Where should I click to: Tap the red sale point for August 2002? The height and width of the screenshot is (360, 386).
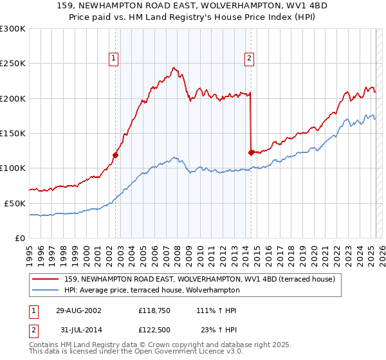tap(116, 155)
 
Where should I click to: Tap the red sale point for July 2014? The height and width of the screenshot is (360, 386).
tap(251, 152)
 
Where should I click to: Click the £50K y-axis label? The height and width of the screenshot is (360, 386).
tap(15, 203)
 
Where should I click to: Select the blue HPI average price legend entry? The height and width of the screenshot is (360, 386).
tap(174, 291)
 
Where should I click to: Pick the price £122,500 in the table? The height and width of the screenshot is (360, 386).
tap(157, 329)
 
